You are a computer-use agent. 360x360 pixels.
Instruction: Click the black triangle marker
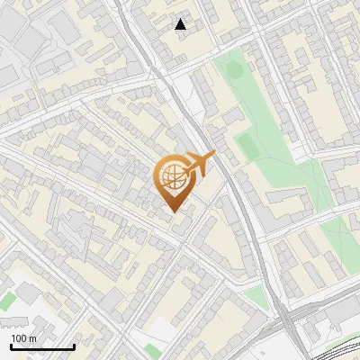coord(181,24)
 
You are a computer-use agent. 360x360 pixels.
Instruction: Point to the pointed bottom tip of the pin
coord(172,211)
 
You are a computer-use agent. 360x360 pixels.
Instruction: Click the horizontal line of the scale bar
coord(42,347)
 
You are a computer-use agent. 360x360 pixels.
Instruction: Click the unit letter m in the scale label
coord(33,339)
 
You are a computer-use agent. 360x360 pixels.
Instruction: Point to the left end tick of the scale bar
coord(11,346)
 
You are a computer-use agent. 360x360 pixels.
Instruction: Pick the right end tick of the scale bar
coord(74,346)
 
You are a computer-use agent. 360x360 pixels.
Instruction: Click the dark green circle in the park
coord(234,68)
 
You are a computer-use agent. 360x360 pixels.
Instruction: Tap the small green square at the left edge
coord(7,302)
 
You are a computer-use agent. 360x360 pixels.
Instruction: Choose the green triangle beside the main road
coord(256,297)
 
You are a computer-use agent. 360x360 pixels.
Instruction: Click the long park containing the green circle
coord(270,135)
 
